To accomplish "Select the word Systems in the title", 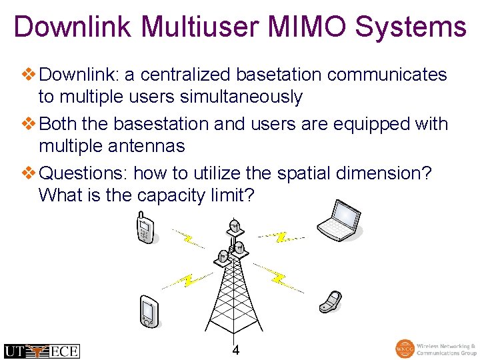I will [411, 27].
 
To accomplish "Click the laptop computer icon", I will [339, 219].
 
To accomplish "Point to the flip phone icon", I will [330, 301].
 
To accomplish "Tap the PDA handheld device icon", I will [149, 311].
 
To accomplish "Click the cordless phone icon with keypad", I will [145, 228].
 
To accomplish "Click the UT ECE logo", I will [41, 351].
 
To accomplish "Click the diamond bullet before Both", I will [31, 124].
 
